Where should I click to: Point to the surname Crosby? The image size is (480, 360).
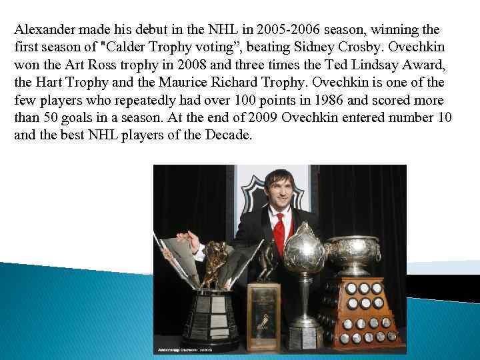[x=366, y=49]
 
